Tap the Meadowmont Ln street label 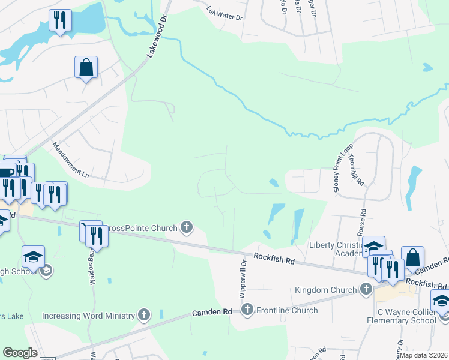(70, 160)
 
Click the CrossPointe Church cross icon (187, 227)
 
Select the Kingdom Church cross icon (366, 290)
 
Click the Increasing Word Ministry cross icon (143, 314)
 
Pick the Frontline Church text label (288, 310)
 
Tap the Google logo (20, 353)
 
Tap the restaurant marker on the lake (60, 21)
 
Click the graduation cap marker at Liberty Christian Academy (373, 247)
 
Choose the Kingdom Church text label (325, 290)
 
